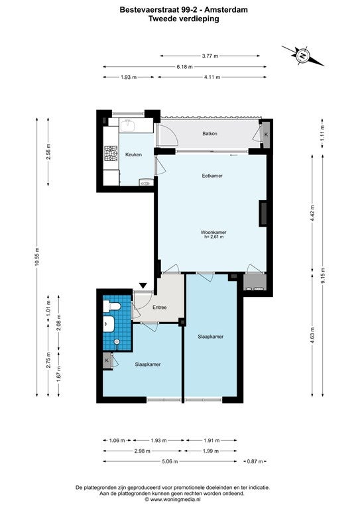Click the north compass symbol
coord(302,56)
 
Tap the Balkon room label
coord(210,134)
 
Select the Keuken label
coord(133,154)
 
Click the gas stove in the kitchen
coord(111,154)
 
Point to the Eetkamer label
coord(212,176)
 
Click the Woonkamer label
coord(213,232)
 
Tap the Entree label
coord(159,307)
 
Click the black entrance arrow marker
coord(143,286)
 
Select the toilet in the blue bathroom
coord(111,306)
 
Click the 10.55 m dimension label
coord(36,256)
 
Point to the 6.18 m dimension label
coord(185,67)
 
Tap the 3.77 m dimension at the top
coord(210,56)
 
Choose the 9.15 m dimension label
coord(322,276)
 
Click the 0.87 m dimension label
coord(255,461)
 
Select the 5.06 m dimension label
coord(169,461)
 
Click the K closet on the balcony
coord(266,135)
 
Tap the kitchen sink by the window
coord(127,126)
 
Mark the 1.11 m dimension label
coord(322,133)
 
